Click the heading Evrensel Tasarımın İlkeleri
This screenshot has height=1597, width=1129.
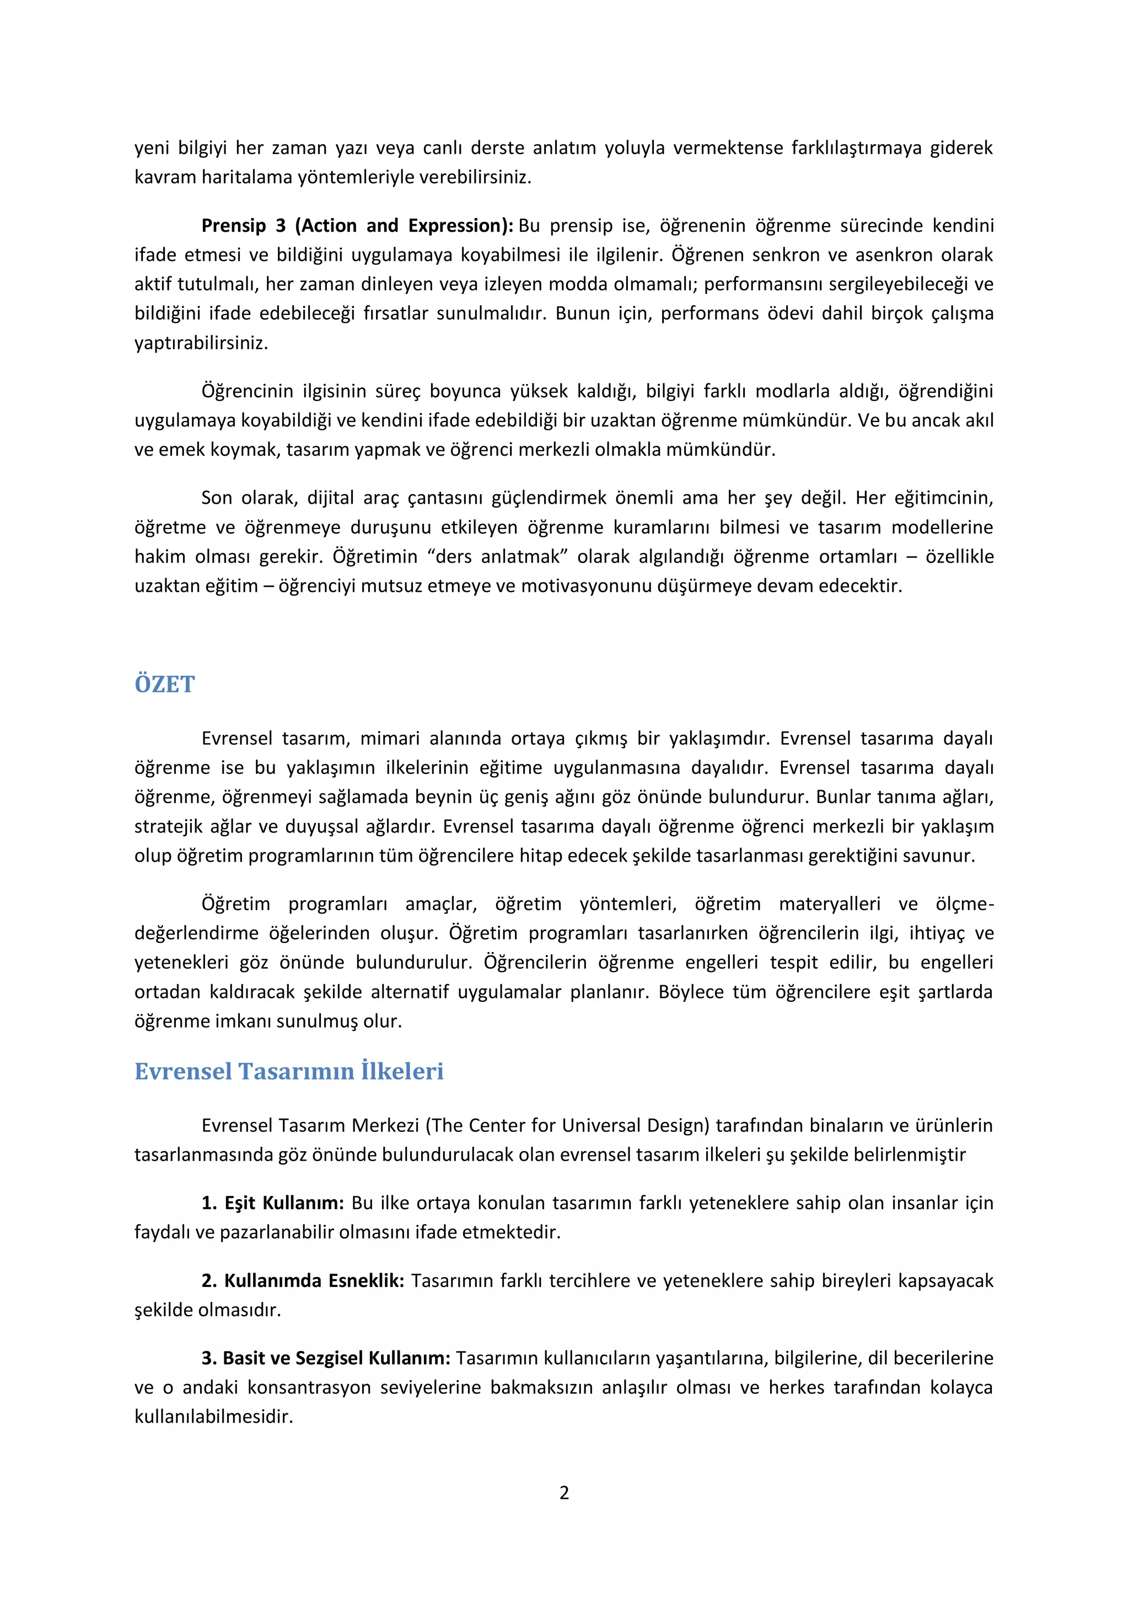click(288, 1071)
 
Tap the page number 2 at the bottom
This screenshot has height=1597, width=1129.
click(564, 1493)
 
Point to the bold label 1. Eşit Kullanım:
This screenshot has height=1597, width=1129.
click(272, 1203)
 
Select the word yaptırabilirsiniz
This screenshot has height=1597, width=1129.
click(201, 343)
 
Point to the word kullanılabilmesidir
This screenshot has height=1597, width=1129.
click(213, 1416)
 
